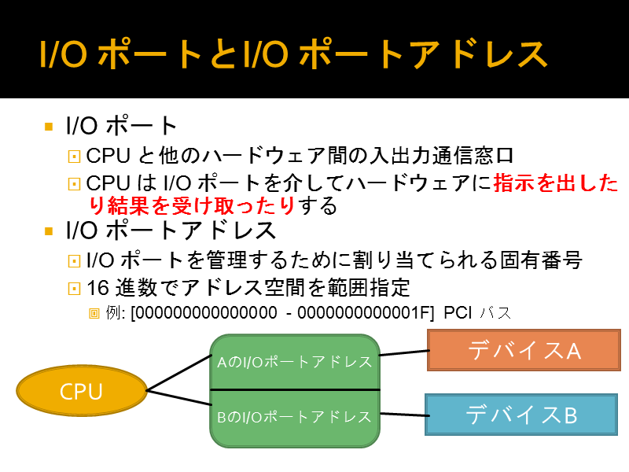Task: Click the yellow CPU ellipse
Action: (82, 390)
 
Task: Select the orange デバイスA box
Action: (524, 350)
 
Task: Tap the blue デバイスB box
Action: (521, 415)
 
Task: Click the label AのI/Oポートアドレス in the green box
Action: (294, 362)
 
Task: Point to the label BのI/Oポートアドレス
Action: (294, 417)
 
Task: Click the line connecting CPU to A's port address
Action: (179, 373)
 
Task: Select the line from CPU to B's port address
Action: (179, 397)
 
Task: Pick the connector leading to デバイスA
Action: (404, 352)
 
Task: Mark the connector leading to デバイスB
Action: (403, 415)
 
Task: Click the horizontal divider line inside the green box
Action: (295, 389)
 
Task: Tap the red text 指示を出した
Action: (556, 183)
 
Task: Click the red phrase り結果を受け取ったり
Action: (192, 206)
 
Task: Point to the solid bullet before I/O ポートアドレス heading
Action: (49, 231)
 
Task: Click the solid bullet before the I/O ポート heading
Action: (49, 127)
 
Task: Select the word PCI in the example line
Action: (458, 313)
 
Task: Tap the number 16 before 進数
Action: (97, 288)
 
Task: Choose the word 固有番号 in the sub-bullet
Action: (541, 260)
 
